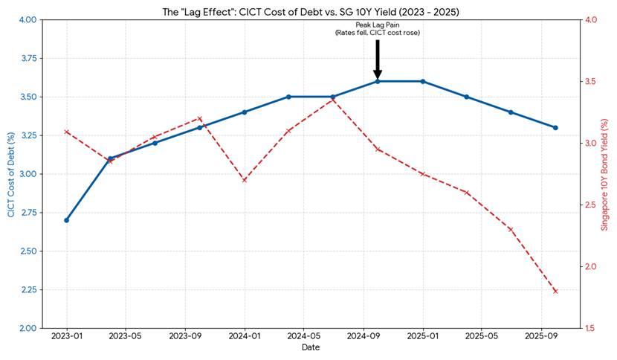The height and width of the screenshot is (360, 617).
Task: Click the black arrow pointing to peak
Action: point(378,60)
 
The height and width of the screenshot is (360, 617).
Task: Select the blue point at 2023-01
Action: point(67,220)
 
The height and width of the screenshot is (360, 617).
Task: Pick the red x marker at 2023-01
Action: point(67,132)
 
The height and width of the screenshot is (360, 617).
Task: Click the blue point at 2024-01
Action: point(245,112)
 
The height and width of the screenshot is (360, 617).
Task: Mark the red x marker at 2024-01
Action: point(245,180)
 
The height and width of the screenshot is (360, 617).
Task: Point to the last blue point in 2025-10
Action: point(555,127)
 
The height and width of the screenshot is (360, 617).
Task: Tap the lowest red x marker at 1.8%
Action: point(555,291)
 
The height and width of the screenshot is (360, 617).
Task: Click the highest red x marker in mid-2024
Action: point(333,100)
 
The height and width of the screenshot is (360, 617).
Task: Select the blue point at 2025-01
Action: point(422,81)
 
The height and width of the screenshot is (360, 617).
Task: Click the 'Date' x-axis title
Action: point(311,347)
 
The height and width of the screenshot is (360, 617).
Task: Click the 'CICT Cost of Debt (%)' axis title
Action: point(11,173)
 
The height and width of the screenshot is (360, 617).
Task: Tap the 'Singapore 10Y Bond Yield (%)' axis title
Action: point(604,173)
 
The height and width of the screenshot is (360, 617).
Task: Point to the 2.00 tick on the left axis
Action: point(28,328)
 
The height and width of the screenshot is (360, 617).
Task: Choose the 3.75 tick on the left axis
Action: point(28,58)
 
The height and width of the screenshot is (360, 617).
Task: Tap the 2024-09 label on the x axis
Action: point(363,336)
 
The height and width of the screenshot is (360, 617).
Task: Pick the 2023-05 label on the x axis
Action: point(126,336)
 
